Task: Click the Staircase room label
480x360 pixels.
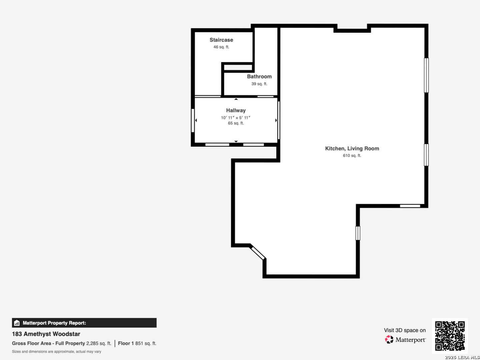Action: [221, 40]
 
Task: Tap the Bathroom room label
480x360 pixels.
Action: [259, 77]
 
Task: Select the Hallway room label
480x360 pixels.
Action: [236, 110]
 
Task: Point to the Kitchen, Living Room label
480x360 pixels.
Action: [352, 148]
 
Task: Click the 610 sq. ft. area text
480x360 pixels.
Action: [352, 156]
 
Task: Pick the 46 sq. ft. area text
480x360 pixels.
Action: [221, 47]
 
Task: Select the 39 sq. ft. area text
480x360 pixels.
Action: [259, 84]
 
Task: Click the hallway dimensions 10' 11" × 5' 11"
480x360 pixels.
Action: [236, 118]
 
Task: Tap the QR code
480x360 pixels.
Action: [450, 336]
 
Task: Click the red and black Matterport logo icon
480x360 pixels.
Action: [389, 339]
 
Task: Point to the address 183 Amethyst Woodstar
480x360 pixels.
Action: [46, 334]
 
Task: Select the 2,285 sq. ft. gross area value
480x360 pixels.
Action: [99, 343]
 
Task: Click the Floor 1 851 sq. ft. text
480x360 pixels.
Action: [137, 343]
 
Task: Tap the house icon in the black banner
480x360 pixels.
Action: [17, 323]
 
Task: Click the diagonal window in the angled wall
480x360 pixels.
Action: [258, 253]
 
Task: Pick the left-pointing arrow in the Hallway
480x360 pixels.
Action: [196, 120]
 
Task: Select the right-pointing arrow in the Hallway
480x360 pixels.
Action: [276, 120]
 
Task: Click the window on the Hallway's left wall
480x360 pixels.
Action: [193, 120]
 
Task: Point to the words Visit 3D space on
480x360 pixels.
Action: [405, 330]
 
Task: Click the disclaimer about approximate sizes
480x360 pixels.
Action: [56, 352]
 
